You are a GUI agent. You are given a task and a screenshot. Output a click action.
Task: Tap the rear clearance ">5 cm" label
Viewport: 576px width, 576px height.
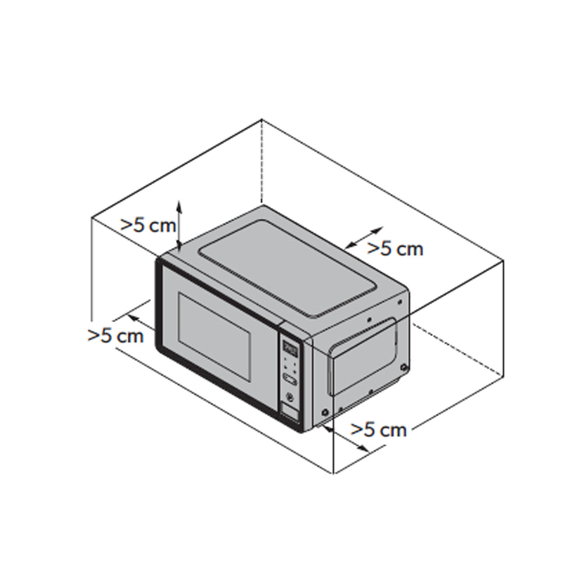[395, 248]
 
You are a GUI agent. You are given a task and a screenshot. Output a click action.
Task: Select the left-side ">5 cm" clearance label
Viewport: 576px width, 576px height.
[116, 335]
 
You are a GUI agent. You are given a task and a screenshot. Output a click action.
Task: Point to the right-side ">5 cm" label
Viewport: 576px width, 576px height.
[379, 430]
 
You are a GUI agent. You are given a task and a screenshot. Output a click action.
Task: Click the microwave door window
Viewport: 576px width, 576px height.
[214, 337]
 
